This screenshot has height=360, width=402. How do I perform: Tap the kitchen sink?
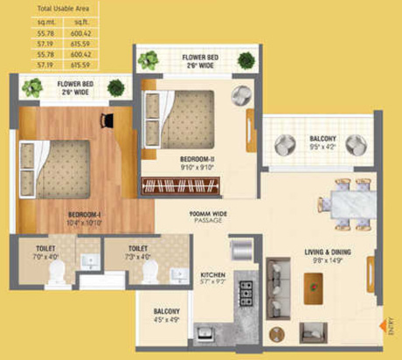207,335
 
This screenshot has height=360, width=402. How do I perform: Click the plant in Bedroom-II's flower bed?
149,60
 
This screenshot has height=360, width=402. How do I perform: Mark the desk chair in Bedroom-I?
109,118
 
